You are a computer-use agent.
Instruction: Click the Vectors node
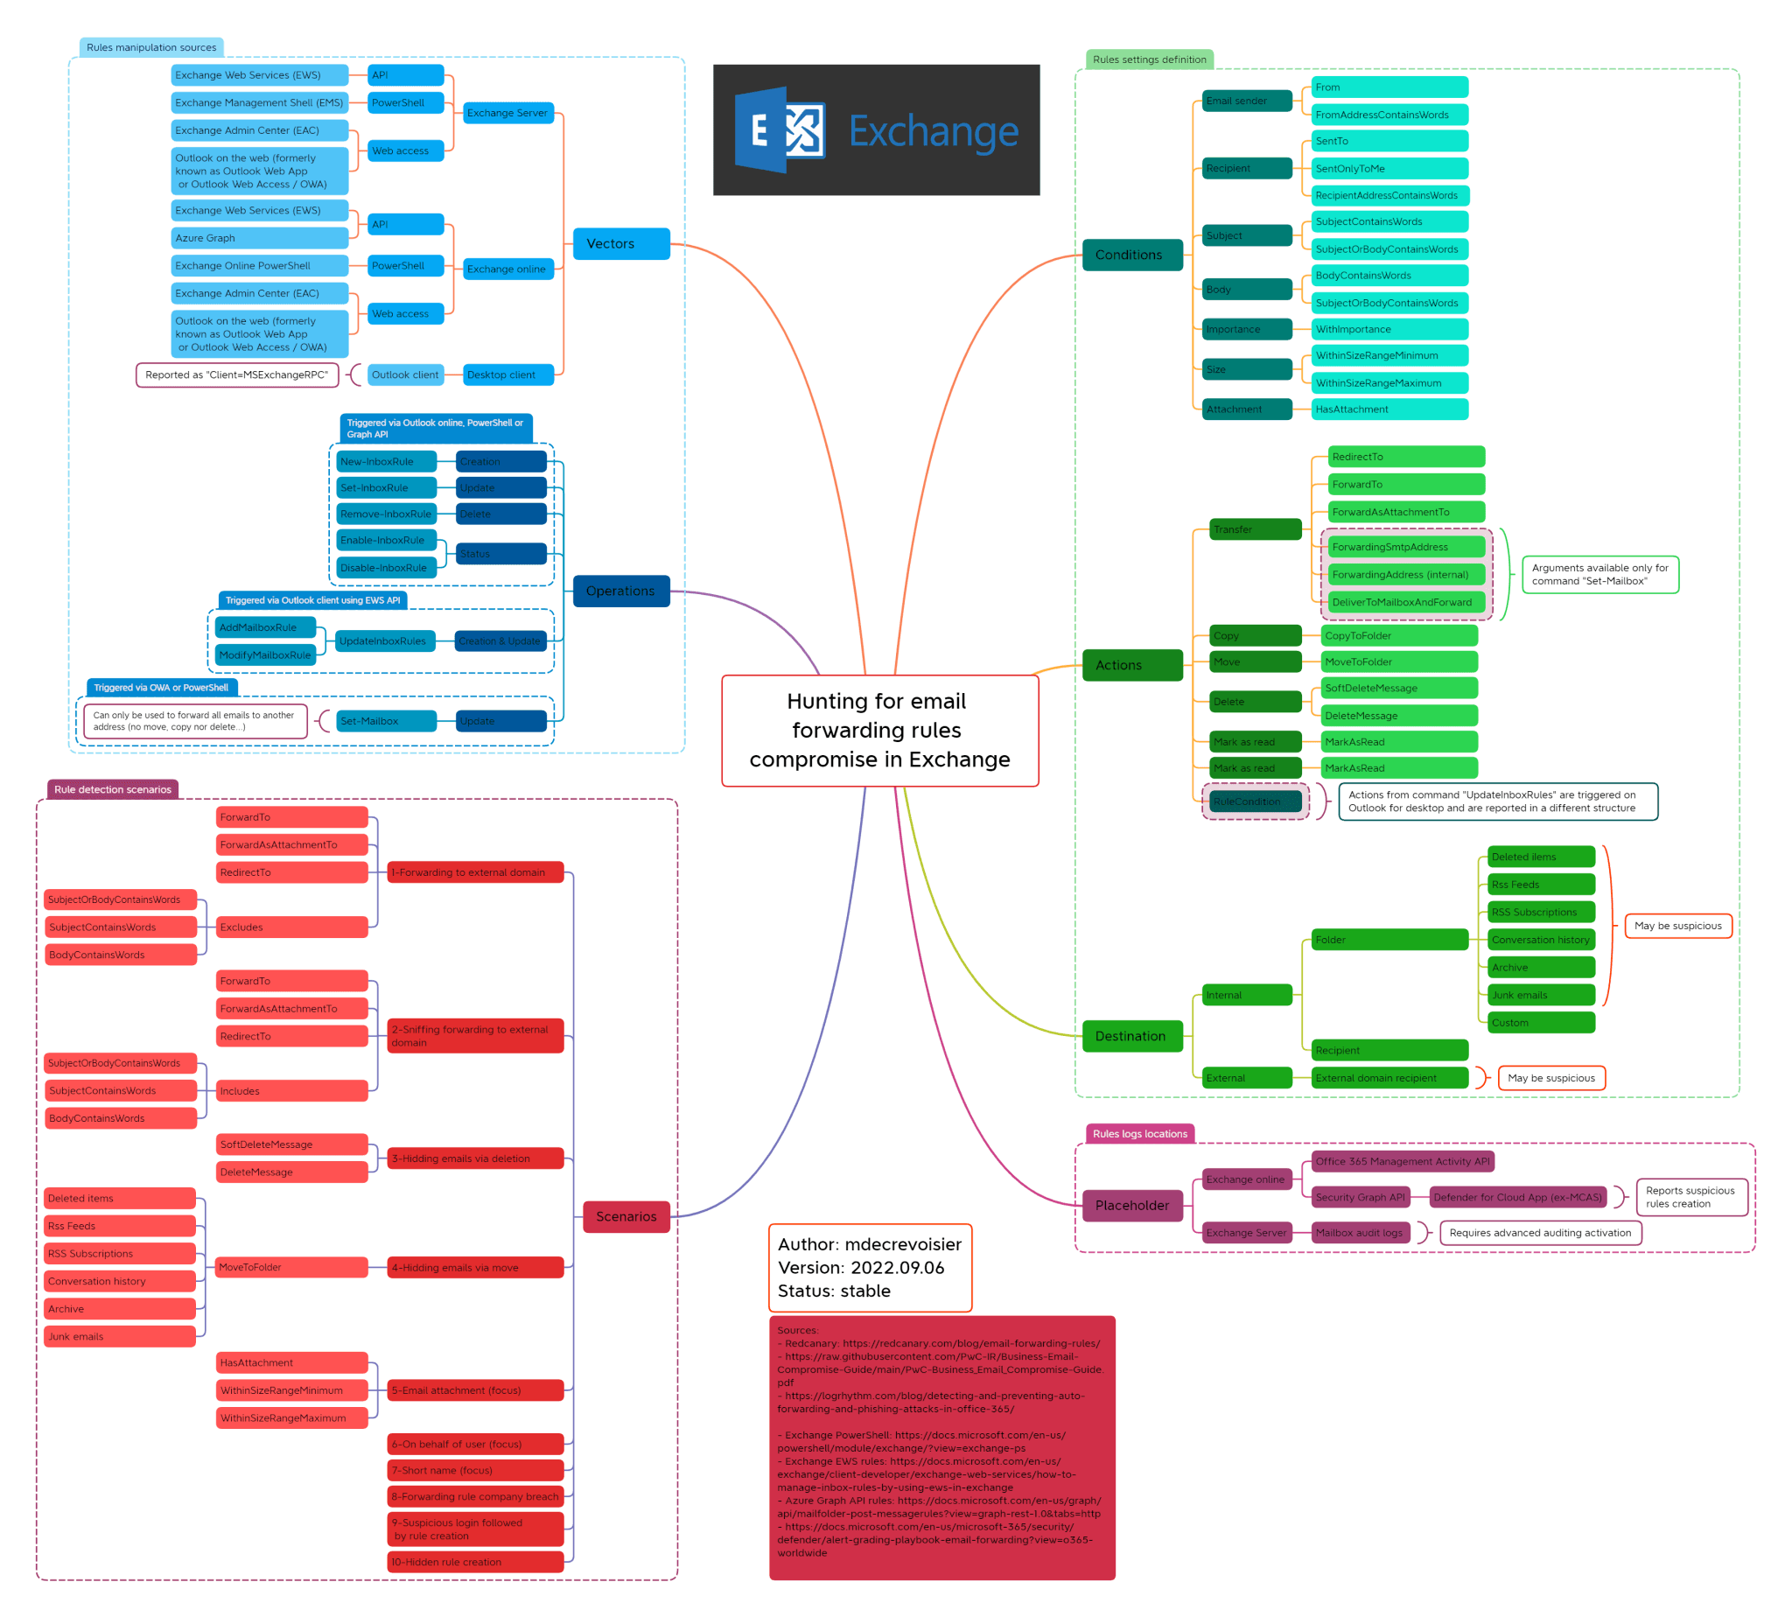pyautogui.click(x=621, y=243)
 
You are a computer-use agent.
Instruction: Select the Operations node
pyautogui.click(x=621, y=591)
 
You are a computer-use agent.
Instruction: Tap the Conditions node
pyautogui.click(x=1132, y=255)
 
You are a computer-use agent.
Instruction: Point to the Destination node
pyautogui.click(x=1132, y=1036)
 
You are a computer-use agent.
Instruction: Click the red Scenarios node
pyautogui.click(x=626, y=1216)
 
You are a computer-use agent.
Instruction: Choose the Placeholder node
pyautogui.click(x=1132, y=1206)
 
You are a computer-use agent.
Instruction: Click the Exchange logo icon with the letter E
pyautogui.click(x=779, y=129)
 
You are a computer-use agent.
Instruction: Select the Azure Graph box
pyautogui.click(x=258, y=238)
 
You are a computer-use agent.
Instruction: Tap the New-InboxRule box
pyautogui.click(x=386, y=462)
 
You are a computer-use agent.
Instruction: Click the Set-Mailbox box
pyautogui.click(x=386, y=721)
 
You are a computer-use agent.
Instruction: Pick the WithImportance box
pyautogui.click(x=1389, y=330)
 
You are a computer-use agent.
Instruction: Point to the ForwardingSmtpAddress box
pyautogui.click(x=1406, y=547)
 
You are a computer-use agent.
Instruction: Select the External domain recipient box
pyautogui.click(x=1389, y=1078)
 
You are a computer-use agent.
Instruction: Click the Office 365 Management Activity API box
pyautogui.click(x=1402, y=1161)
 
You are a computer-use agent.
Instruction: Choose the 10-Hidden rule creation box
pyautogui.click(x=475, y=1562)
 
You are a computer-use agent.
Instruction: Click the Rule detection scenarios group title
pyautogui.click(x=113, y=789)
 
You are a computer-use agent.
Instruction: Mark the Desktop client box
pyautogui.click(x=507, y=374)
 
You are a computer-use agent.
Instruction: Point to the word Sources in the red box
pyautogui.click(x=797, y=1330)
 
